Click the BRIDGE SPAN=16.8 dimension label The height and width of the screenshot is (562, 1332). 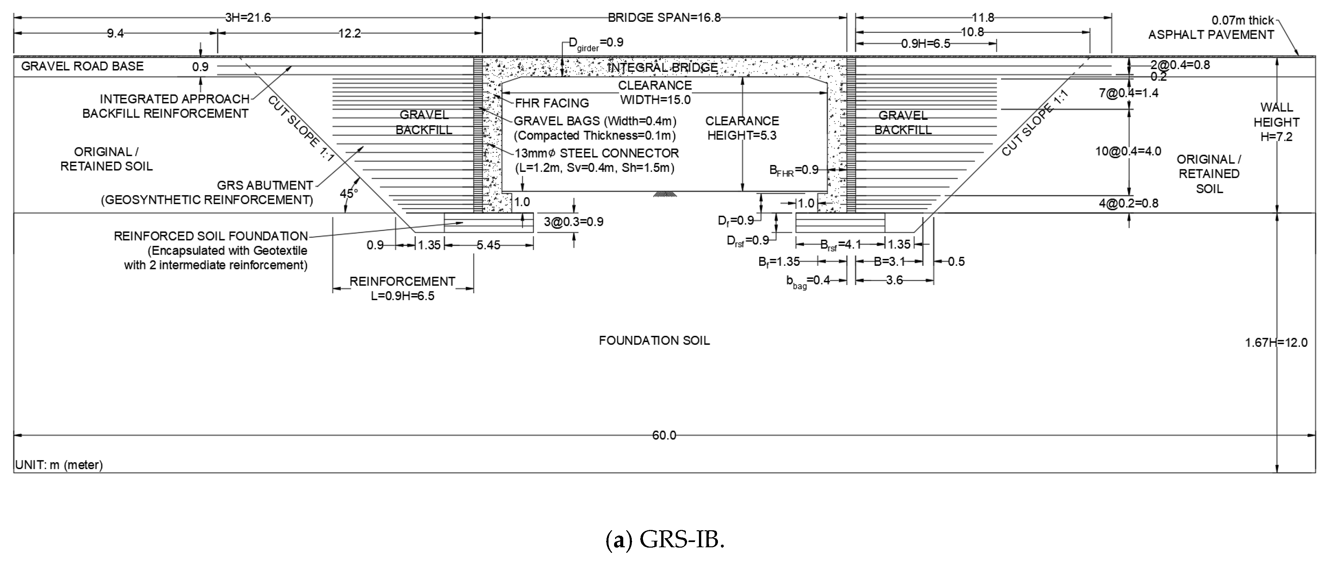point(664,18)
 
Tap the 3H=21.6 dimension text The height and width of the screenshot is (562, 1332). point(248,18)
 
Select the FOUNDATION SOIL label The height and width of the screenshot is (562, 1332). point(654,340)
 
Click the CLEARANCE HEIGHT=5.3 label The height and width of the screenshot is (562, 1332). point(742,128)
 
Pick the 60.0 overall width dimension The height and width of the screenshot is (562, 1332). point(664,435)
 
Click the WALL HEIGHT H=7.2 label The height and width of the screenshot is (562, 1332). point(1276,122)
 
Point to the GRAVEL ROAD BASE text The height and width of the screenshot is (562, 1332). point(82,66)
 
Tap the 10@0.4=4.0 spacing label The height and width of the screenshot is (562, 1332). point(1128,151)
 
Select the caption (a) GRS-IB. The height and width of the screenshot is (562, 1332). point(665,540)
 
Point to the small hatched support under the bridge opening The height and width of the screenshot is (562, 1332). point(664,194)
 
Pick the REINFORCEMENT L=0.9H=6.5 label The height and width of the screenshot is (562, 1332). point(402,289)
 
